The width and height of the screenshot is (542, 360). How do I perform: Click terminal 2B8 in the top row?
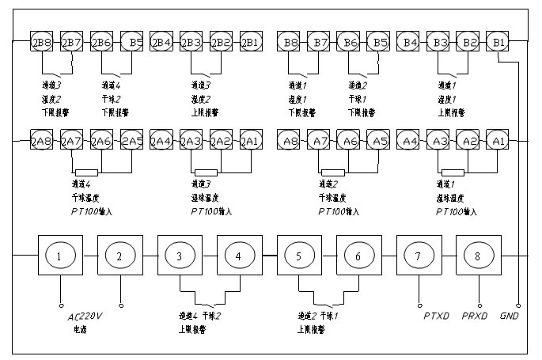point(41,41)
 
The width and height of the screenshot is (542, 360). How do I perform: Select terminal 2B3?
point(191,41)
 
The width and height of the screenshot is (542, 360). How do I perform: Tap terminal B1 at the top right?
point(498,41)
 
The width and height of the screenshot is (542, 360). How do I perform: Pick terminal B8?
point(290,41)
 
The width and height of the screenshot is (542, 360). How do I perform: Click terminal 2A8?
point(41,141)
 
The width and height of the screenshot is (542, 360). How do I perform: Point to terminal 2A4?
point(161,141)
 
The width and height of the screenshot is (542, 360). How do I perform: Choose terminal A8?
point(290,141)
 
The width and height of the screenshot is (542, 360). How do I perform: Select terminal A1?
point(498,141)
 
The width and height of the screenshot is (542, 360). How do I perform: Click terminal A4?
point(409,141)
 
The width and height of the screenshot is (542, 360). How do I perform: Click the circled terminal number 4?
point(238,256)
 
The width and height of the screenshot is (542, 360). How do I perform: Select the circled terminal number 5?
point(298,256)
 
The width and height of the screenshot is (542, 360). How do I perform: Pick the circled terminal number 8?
point(478,256)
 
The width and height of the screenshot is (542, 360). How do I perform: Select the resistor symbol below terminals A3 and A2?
point(453,172)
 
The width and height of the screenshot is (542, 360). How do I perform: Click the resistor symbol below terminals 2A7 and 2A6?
point(86,172)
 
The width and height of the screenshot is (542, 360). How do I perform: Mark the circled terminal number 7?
point(418,256)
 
